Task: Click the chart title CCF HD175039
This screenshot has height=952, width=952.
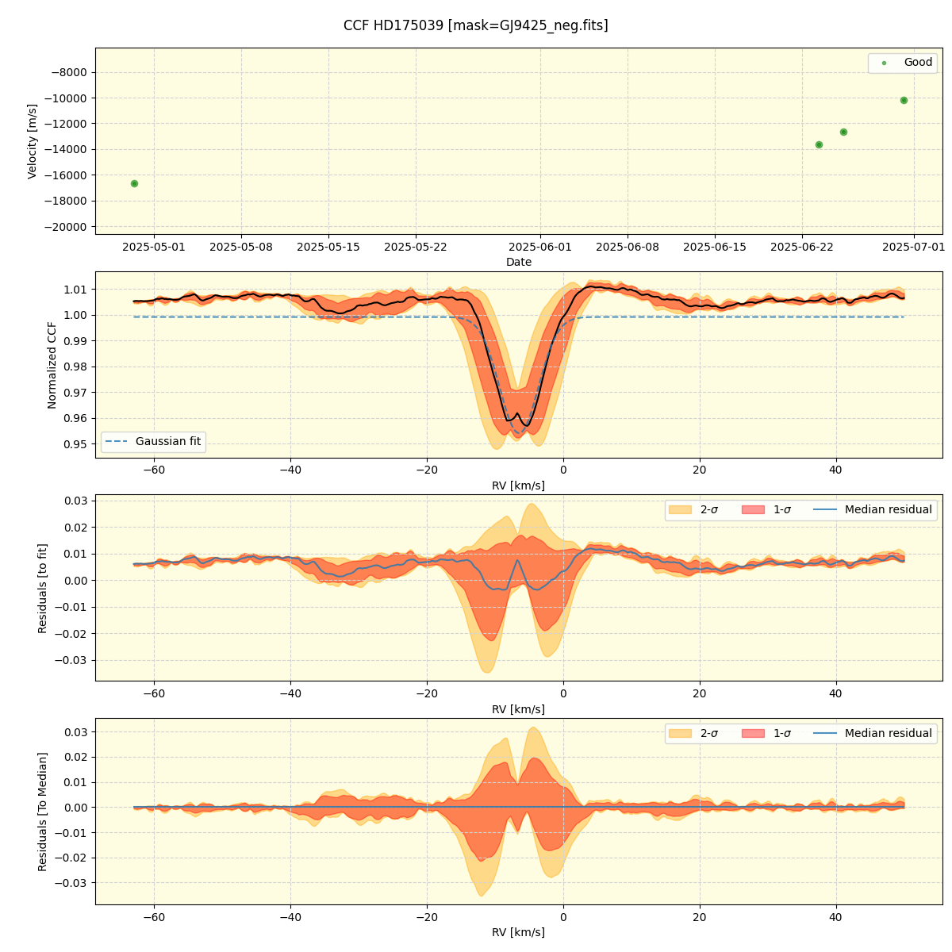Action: (475, 25)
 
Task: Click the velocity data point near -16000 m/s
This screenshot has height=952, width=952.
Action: (134, 183)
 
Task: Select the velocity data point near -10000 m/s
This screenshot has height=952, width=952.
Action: (904, 100)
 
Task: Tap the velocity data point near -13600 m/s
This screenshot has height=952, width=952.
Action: (819, 144)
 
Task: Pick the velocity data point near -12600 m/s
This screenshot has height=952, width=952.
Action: (843, 132)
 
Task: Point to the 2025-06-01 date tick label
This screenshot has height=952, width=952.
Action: (540, 247)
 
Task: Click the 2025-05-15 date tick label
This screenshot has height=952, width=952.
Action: (328, 247)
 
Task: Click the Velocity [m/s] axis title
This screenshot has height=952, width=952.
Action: (33, 141)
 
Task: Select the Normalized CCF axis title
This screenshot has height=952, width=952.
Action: (52, 365)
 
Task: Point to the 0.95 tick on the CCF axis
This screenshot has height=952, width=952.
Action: (75, 444)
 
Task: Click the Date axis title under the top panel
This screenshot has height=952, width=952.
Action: (519, 262)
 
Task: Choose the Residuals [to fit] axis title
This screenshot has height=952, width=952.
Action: (43, 588)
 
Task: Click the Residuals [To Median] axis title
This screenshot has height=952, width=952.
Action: (43, 812)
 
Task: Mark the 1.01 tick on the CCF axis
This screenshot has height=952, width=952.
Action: (75, 290)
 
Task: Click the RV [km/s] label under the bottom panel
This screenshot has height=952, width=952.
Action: (519, 932)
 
